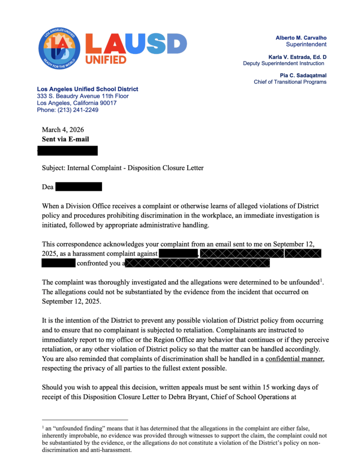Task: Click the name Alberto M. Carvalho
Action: point(301,37)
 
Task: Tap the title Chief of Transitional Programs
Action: point(290,82)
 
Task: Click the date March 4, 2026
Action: point(63,130)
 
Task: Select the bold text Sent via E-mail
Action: point(65,139)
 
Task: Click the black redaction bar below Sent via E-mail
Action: point(67,150)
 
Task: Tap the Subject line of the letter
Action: point(123,168)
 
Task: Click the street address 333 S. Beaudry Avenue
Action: point(82,96)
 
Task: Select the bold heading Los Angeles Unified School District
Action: point(87,89)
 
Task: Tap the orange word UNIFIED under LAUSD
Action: point(106,60)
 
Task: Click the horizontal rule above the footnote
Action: point(85,420)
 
